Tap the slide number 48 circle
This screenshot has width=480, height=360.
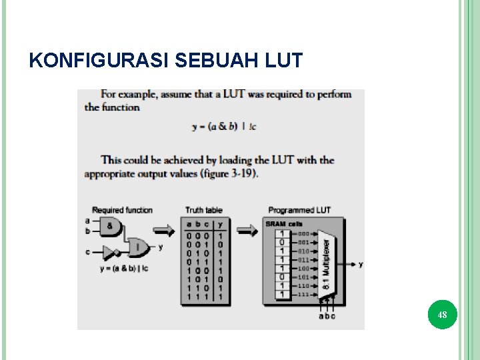point(442,314)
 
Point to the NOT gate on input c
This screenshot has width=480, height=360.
point(107,252)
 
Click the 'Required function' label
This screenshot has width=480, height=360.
point(122,210)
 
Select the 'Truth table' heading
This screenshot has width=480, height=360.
point(204,210)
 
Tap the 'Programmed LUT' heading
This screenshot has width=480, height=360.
point(299,210)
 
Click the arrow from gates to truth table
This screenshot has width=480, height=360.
point(163,231)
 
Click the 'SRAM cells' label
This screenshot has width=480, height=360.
point(284,224)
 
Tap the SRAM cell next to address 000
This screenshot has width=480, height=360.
point(283,233)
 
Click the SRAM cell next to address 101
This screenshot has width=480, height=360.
point(283,277)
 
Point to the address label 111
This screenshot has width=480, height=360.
point(303,294)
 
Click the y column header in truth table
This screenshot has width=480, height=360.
point(221,224)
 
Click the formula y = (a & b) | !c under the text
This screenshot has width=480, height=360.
point(223,127)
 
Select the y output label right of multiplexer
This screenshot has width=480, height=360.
point(361,264)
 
